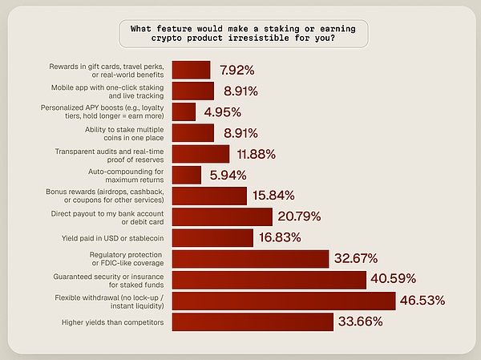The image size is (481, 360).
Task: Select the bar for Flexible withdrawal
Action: (x=284, y=301)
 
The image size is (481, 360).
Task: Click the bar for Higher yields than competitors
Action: (x=253, y=322)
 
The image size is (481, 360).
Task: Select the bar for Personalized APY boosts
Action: (x=184, y=111)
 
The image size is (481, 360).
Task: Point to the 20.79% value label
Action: (x=299, y=216)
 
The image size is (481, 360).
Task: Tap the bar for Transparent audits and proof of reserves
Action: (x=200, y=154)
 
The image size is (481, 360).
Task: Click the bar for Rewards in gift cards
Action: (x=192, y=70)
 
